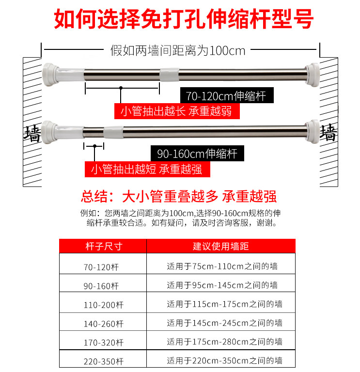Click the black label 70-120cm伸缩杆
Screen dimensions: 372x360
click(x=223, y=95)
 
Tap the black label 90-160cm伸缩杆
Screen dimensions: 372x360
click(x=197, y=154)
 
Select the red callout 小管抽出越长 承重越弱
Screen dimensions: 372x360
click(x=176, y=111)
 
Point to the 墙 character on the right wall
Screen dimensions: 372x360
click(x=329, y=132)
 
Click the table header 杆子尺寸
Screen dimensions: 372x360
click(x=103, y=246)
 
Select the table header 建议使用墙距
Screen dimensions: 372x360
click(x=220, y=246)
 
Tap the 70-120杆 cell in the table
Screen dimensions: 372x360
click(x=101, y=267)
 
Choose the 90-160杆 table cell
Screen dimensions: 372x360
click(x=101, y=286)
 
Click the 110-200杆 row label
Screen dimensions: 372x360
click(x=103, y=305)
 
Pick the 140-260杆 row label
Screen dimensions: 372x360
click(x=103, y=324)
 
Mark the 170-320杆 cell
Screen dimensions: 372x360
click(x=103, y=342)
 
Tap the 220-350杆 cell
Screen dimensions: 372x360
click(x=103, y=361)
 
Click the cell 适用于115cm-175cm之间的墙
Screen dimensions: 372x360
click(x=224, y=304)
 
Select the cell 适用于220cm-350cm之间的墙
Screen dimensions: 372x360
click(x=224, y=360)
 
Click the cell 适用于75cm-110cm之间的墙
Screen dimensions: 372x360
click(x=222, y=266)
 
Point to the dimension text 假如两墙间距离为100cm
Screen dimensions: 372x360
click(x=178, y=50)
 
